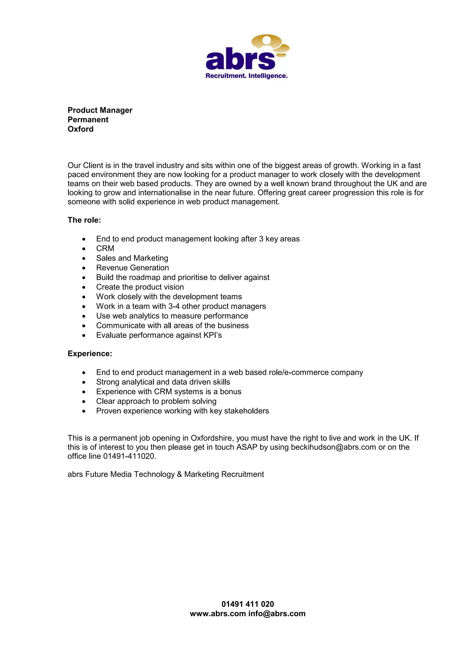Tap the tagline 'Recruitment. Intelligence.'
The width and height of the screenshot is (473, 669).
247,76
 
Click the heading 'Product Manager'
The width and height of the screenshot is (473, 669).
100,110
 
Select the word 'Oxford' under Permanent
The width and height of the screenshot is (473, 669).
80,129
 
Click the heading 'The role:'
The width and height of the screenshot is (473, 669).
84,220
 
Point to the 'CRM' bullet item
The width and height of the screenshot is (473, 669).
105,248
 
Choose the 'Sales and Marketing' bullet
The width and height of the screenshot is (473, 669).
132,258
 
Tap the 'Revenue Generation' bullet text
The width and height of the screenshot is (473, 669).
133,268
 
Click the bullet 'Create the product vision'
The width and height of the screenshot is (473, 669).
140,287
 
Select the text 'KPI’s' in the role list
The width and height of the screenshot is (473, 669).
213,335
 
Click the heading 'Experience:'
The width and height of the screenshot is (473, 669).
90,354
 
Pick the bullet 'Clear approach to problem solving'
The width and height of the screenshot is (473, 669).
156,401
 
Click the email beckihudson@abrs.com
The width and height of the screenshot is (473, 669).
334,447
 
